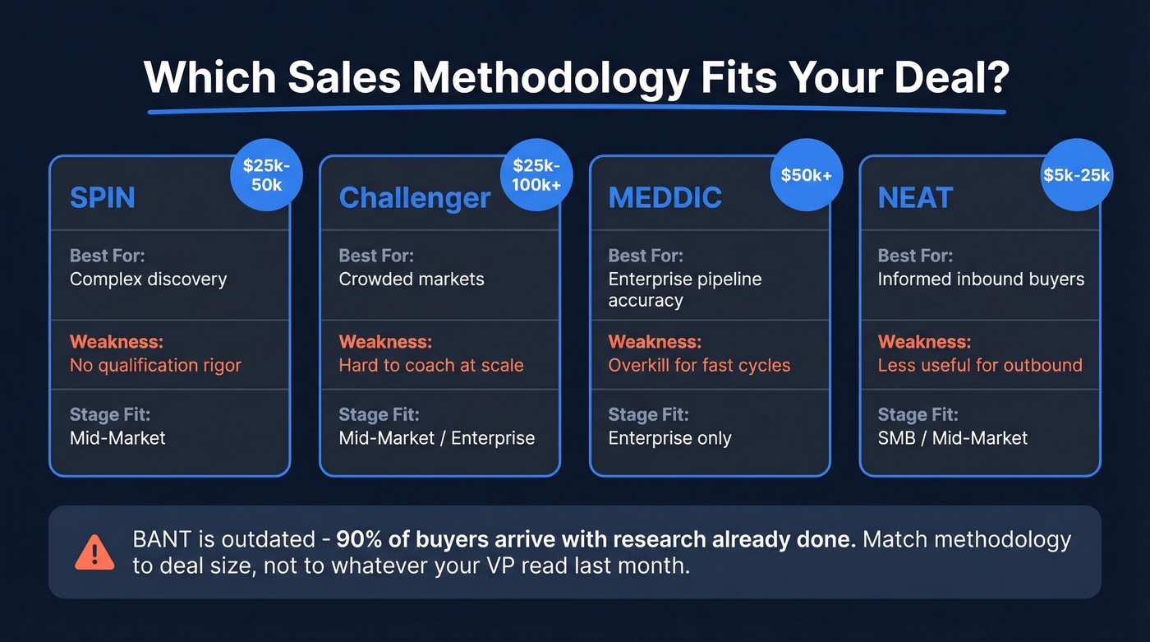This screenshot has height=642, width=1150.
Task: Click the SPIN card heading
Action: pos(101,198)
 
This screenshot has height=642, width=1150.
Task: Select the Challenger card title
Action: pos(414,198)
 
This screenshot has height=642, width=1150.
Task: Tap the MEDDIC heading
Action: pos(665,198)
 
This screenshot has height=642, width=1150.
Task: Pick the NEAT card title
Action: pos(915,198)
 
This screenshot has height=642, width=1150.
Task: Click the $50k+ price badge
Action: pos(807,176)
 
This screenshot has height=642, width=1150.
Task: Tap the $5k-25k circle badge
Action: pos(1076,176)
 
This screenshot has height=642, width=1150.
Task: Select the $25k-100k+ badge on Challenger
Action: pos(536,176)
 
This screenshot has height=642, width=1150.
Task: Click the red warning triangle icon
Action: pos(94,552)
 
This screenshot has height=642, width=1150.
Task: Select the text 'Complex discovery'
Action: pos(148,279)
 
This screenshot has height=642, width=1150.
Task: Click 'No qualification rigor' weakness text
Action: pos(155,365)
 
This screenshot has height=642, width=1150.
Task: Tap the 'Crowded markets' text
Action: pos(412,279)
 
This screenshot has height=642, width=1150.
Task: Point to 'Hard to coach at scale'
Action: pos(431,365)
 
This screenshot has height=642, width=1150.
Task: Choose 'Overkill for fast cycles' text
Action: pos(699,365)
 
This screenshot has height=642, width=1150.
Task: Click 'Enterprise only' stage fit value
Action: pos(669,438)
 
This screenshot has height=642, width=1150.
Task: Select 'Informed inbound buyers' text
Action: pos(981,279)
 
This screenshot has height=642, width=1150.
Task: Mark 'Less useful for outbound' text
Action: pos(980,365)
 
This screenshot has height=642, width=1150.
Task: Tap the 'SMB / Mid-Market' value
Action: pos(952,438)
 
